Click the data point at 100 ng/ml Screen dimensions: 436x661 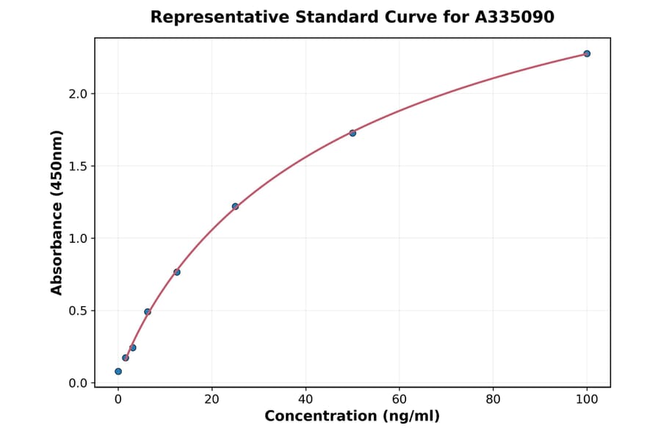coord(587,54)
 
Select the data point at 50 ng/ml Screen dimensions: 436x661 coord(353,133)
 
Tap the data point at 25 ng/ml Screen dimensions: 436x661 coord(235,206)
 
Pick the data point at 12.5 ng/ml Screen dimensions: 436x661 coord(177,272)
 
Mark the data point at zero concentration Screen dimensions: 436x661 coord(118,371)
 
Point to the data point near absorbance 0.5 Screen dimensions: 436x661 coord(148,312)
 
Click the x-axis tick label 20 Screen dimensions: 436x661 coord(212,399)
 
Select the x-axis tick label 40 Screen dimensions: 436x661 coord(306,399)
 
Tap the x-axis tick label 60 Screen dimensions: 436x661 coord(400,399)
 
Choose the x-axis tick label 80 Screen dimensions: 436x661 coord(493,399)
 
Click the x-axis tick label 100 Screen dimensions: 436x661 coord(587,399)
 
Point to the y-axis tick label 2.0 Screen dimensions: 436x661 coord(78,94)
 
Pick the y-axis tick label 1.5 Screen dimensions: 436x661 coord(78,166)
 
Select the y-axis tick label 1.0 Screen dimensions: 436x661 coord(78,239)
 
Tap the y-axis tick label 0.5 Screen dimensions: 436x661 coord(78,310)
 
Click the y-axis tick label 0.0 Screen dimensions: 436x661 coord(78,383)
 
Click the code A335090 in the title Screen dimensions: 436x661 coord(513,17)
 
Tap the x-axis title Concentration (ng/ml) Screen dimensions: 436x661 coord(352,417)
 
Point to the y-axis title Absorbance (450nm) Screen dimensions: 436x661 coord(57,212)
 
